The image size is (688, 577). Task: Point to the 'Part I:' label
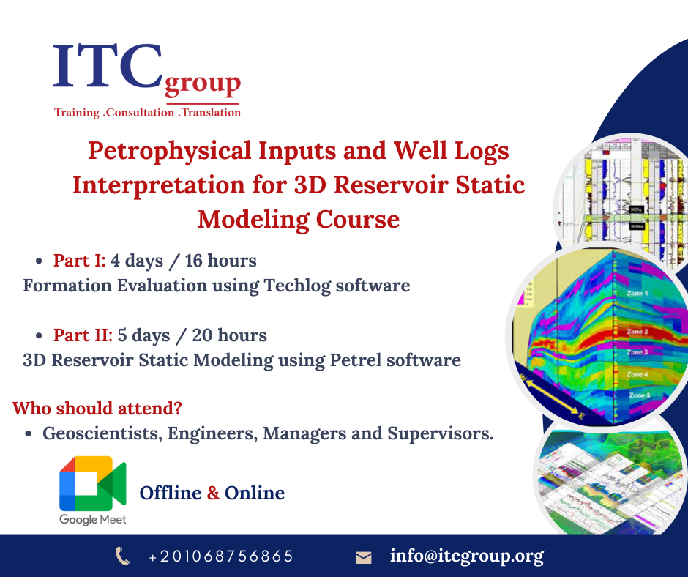[79, 261]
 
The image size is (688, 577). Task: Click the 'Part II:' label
[83, 335]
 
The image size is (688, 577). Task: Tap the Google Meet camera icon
[92, 483]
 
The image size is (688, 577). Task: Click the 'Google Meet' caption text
[93, 519]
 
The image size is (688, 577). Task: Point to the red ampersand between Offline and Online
[213, 493]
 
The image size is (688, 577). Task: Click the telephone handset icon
[123, 556]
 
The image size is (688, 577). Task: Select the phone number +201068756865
[220, 556]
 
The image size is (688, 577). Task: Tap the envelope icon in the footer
[363, 557]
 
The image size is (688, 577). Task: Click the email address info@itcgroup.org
[466, 556]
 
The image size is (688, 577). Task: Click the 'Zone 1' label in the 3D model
[637, 294]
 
